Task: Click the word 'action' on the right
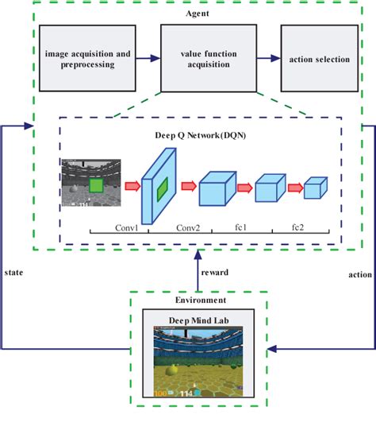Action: tap(359, 276)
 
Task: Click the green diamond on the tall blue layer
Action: tap(161, 189)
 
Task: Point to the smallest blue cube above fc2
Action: tap(315, 188)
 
